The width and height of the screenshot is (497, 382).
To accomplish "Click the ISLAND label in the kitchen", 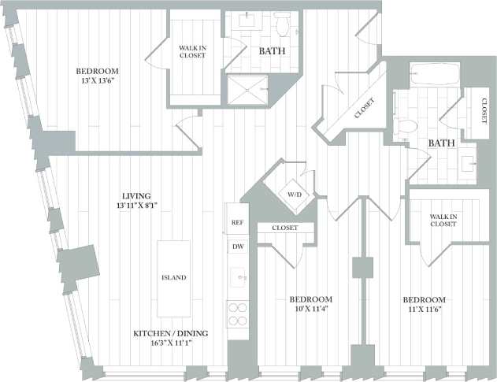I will [173, 277].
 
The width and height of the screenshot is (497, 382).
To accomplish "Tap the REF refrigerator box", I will [237, 223].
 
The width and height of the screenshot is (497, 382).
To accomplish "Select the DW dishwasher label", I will [237, 247].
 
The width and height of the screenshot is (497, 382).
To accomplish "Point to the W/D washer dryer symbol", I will [294, 193].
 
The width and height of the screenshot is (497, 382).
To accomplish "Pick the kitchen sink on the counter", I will [237, 278].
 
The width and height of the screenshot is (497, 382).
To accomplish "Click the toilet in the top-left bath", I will [282, 25].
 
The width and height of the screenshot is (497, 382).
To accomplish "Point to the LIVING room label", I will [135, 195].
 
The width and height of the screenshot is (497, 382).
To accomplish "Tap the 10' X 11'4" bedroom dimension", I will [310, 310].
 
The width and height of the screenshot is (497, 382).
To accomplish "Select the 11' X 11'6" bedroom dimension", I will [424, 310].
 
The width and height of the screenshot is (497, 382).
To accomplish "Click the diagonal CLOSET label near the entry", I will [363, 107].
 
